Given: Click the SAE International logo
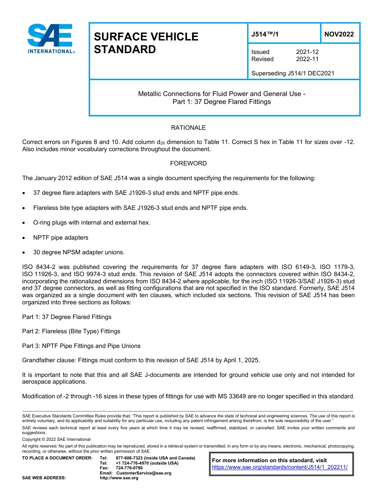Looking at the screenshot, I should click(50, 38).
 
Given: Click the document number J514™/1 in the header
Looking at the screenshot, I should click(265, 34).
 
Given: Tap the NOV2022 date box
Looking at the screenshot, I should click(339, 34).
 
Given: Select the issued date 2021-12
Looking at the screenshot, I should click(307, 52).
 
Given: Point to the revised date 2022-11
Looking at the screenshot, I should click(307, 59).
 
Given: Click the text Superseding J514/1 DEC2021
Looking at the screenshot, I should click(293, 73).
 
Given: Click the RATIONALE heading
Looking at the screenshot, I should click(188, 128).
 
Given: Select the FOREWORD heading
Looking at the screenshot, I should click(188, 163).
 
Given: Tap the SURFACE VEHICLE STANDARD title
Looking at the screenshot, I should click(146, 43).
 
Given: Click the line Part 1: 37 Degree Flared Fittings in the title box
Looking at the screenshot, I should click(221, 102).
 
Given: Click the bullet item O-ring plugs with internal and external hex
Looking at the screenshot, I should click(92, 223).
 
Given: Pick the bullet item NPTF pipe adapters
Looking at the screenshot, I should click(61, 238).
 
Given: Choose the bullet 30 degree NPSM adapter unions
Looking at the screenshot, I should click(79, 252).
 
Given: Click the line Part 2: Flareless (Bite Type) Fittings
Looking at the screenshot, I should click(71, 331).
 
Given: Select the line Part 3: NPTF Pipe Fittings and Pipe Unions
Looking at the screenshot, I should click(81, 346).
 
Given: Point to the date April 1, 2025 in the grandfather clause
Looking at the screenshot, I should click(242, 360).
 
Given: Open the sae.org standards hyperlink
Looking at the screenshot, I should click(280, 467).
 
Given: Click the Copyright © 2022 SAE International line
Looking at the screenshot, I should click(56, 440).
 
